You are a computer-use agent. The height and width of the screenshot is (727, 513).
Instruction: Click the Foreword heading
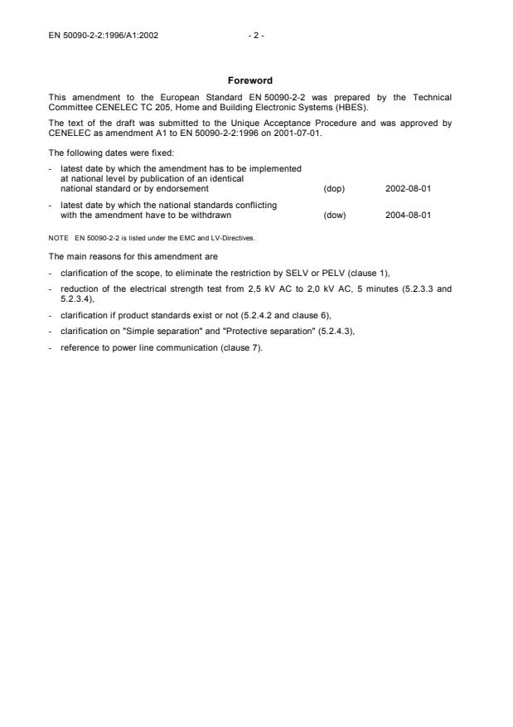pyautogui.click(x=256, y=81)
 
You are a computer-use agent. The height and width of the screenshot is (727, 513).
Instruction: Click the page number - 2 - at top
pyautogui.click(x=256, y=36)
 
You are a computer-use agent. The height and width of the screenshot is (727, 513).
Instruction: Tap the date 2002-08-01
pyautogui.click(x=408, y=189)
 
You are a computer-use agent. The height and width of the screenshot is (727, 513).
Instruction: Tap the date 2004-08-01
pyautogui.click(x=408, y=216)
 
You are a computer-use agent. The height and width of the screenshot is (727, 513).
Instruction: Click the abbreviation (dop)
pyautogui.click(x=334, y=189)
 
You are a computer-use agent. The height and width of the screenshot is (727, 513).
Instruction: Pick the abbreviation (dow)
pyautogui.click(x=334, y=216)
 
